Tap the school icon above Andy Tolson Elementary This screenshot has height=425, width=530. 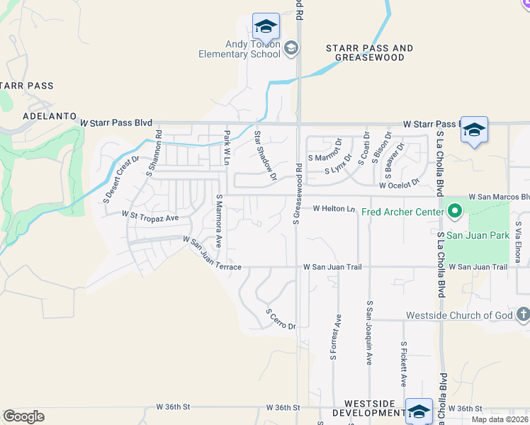[x=266, y=26]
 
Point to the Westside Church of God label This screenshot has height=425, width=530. [x=459, y=315]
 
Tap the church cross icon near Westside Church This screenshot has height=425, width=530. [x=523, y=314]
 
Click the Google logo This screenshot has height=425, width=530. [x=23, y=416]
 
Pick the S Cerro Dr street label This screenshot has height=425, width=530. [x=280, y=319]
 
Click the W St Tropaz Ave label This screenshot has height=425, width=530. [x=150, y=216]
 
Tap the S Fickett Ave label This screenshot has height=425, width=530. [x=403, y=364]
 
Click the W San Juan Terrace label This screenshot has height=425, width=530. [x=212, y=254]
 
